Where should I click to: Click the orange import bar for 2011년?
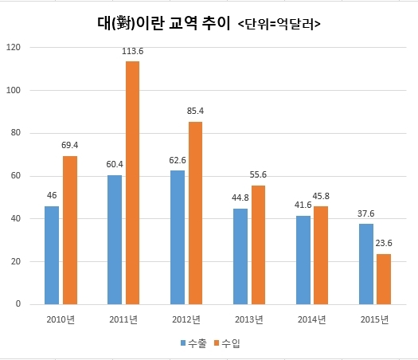coord(132,183)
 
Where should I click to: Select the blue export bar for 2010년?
coord(52,256)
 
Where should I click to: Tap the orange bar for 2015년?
coord(384,280)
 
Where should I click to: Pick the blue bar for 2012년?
coord(178,237)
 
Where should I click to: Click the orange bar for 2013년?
coord(258,245)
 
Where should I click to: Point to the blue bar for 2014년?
coord(303,260)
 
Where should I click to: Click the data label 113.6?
coord(132,51)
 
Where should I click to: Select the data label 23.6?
coord(384,243)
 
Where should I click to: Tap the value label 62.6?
coord(178,160)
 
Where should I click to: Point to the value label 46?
coord(52,195)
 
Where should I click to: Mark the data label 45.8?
coord(321,196)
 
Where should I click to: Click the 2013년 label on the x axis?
coord(249,319)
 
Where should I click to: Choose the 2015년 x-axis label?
coord(374,319)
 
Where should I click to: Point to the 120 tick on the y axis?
coord(14,48)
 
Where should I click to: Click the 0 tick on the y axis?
coord(18,303)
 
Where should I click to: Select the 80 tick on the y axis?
coord(16,133)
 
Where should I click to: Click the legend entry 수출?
coord(193,343)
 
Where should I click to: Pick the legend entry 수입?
coord(228,343)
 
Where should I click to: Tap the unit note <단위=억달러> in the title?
coord(279,24)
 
